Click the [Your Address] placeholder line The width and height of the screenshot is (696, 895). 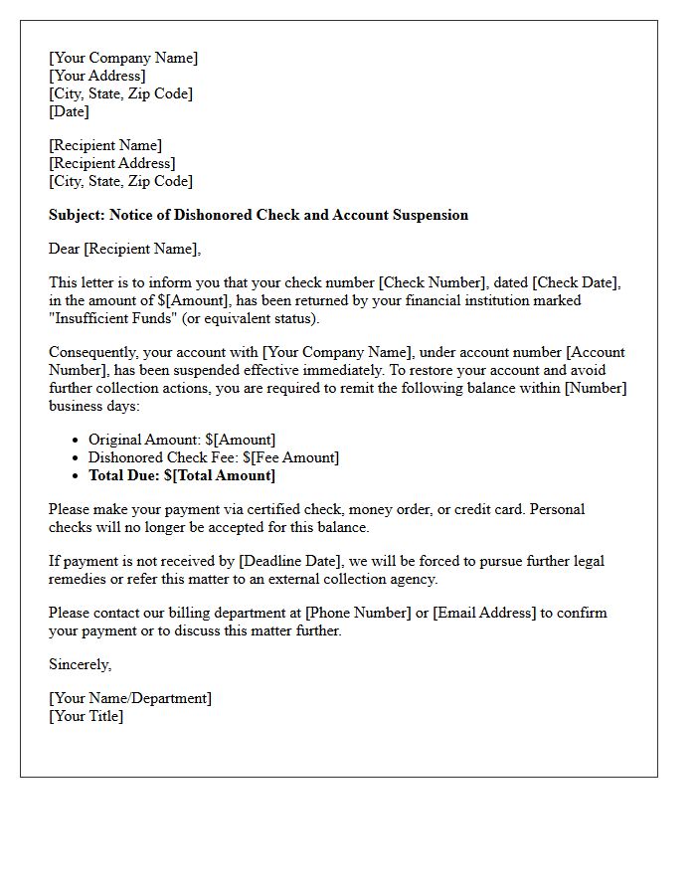pos(97,76)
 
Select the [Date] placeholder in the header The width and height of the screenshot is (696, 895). pos(69,111)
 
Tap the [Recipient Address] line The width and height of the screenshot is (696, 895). pos(112,163)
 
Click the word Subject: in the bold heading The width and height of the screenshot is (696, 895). pos(77,215)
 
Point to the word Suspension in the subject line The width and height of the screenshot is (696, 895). pos(429,215)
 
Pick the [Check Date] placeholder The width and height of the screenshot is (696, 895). pos(577,282)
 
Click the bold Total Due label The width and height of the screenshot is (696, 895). pos(126,475)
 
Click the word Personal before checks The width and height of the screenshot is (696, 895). pos(558,509)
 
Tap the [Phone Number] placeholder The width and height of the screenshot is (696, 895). pos(357,613)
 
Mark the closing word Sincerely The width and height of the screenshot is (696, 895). pos(80,664)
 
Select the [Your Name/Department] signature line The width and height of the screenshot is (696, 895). pos(130,698)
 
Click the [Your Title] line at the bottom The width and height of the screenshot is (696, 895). pos(87,716)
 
